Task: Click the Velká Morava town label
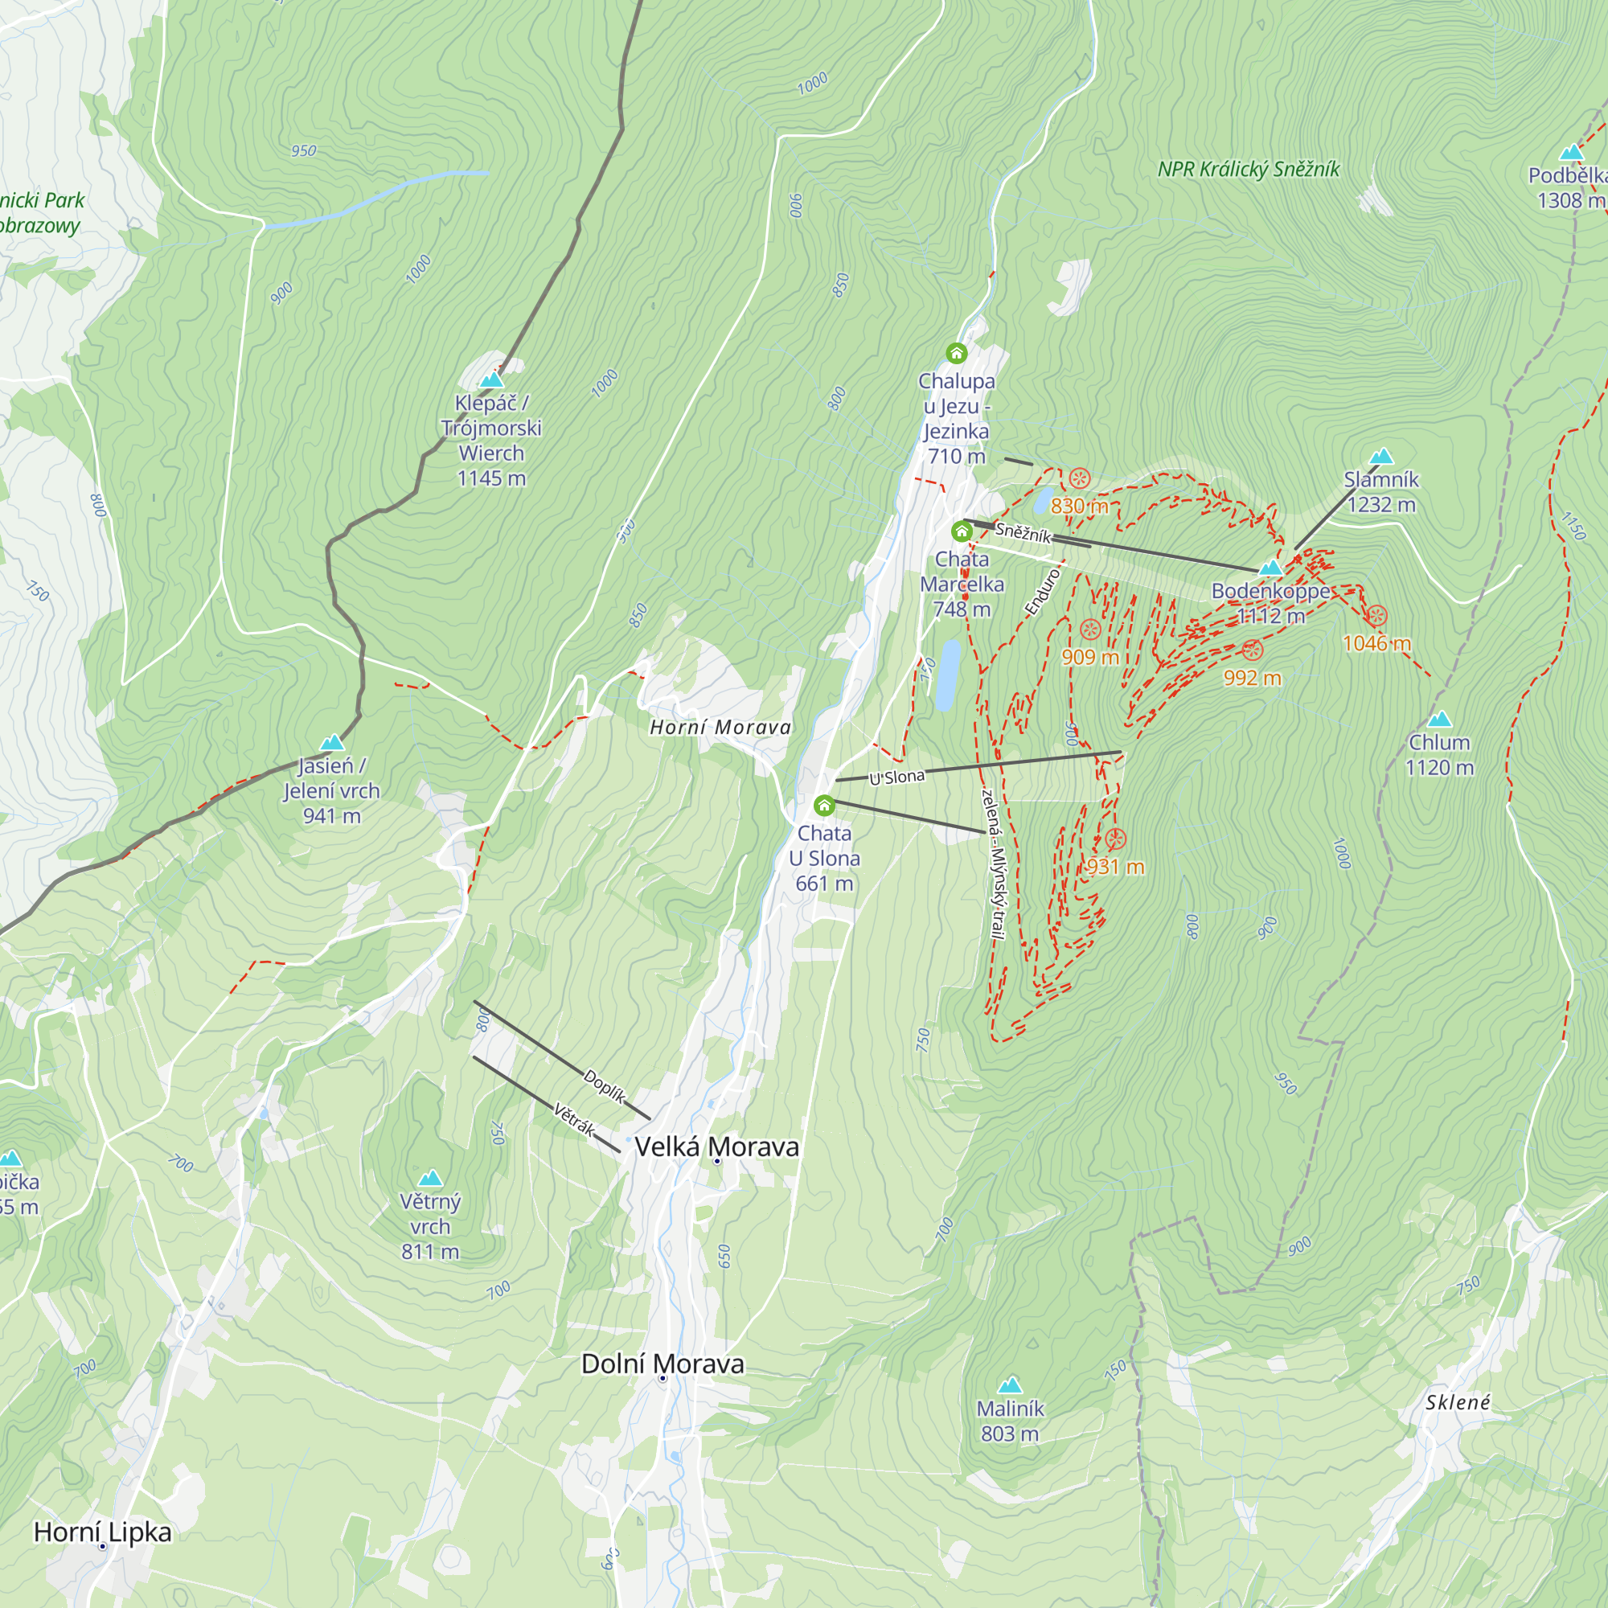(x=716, y=1147)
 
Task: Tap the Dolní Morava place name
(x=662, y=1364)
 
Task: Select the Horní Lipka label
(x=102, y=1532)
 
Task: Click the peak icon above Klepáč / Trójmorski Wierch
(x=492, y=379)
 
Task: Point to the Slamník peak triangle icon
(x=1381, y=455)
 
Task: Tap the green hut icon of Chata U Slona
(x=824, y=805)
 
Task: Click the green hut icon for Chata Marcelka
(x=962, y=531)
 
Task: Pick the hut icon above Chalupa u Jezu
(x=956, y=353)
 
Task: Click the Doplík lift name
(x=605, y=1086)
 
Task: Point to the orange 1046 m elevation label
(x=1376, y=642)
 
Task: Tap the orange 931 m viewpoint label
(x=1115, y=867)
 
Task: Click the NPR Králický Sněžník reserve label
(x=1249, y=170)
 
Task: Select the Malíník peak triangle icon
(x=1010, y=1384)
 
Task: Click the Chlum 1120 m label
(x=1439, y=754)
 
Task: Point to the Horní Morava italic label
(x=720, y=728)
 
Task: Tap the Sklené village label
(x=1458, y=1402)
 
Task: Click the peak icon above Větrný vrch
(x=430, y=1178)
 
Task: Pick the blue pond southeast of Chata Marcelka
(x=947, y=675)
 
